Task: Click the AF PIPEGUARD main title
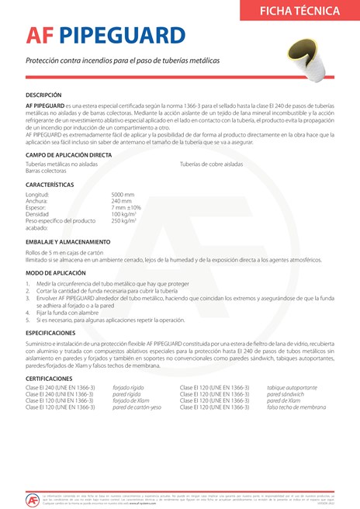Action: coord(106,36)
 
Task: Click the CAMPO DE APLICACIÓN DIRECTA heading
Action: coord(68,155)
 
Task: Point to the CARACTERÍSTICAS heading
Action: coord(50,185)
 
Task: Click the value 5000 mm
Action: coord(123,194)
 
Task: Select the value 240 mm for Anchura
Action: coord(122,201)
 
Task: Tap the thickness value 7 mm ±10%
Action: coord(126,208)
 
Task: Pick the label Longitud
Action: coord(37,194)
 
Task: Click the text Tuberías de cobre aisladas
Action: coord(212,164)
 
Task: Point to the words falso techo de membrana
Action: coord(296,407)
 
